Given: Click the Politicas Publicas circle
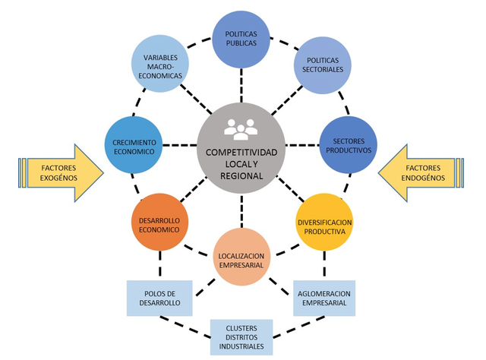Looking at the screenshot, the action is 241,39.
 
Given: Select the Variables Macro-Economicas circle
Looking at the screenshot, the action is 160,64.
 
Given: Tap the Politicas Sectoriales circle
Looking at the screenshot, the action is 323,65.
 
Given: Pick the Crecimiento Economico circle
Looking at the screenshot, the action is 134,145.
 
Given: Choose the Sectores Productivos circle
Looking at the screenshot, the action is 349,145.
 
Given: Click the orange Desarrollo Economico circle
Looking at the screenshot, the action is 160,222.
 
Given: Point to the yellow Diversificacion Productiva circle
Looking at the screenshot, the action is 324,222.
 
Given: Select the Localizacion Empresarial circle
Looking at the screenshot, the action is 241,257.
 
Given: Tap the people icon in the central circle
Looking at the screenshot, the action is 241,129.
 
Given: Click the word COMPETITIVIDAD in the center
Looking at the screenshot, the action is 241,152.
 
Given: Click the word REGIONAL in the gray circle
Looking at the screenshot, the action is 241,175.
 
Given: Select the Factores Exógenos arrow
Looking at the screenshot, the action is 61,173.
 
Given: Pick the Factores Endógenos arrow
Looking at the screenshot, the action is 421,173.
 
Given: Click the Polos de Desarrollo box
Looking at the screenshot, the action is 159,298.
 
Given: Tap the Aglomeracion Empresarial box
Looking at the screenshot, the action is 324,298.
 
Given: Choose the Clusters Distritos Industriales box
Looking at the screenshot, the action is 241,337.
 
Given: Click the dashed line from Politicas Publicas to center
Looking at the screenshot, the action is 241,86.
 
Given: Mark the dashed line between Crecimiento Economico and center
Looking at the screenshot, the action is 180,145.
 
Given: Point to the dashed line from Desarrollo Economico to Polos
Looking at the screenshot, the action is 160,264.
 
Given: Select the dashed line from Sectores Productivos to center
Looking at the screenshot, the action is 302,145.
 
